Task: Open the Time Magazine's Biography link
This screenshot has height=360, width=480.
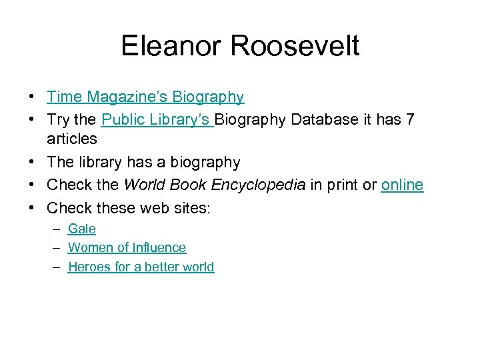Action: pyautogui.click(x=145, y=97)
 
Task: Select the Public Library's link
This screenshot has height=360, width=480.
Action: pyautogui.click(x=157, y=119)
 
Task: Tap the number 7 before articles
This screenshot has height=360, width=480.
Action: pyautogui.click(x=409, y=119)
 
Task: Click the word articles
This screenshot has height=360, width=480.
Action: pyautogui.click(x=72, y=139)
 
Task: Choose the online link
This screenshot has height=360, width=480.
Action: pyautogui.click(x=402, y=185)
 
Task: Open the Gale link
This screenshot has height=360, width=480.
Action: pyautogui.click(x=82, y=229)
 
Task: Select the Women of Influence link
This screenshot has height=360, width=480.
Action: pyautogui.click(x=127, y=248)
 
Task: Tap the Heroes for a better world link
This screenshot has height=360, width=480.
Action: pyautogui.click(x=141, y=267)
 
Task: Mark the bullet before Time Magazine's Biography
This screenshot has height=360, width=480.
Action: pyautogui.click(x=32, y=97)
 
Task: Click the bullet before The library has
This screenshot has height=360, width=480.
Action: pyautogui.click(x=32, y=163)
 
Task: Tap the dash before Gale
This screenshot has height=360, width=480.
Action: pyautogui.click(x=58, y=229)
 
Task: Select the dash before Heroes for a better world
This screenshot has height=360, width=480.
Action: pyautogui.click(x=58, y=267)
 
